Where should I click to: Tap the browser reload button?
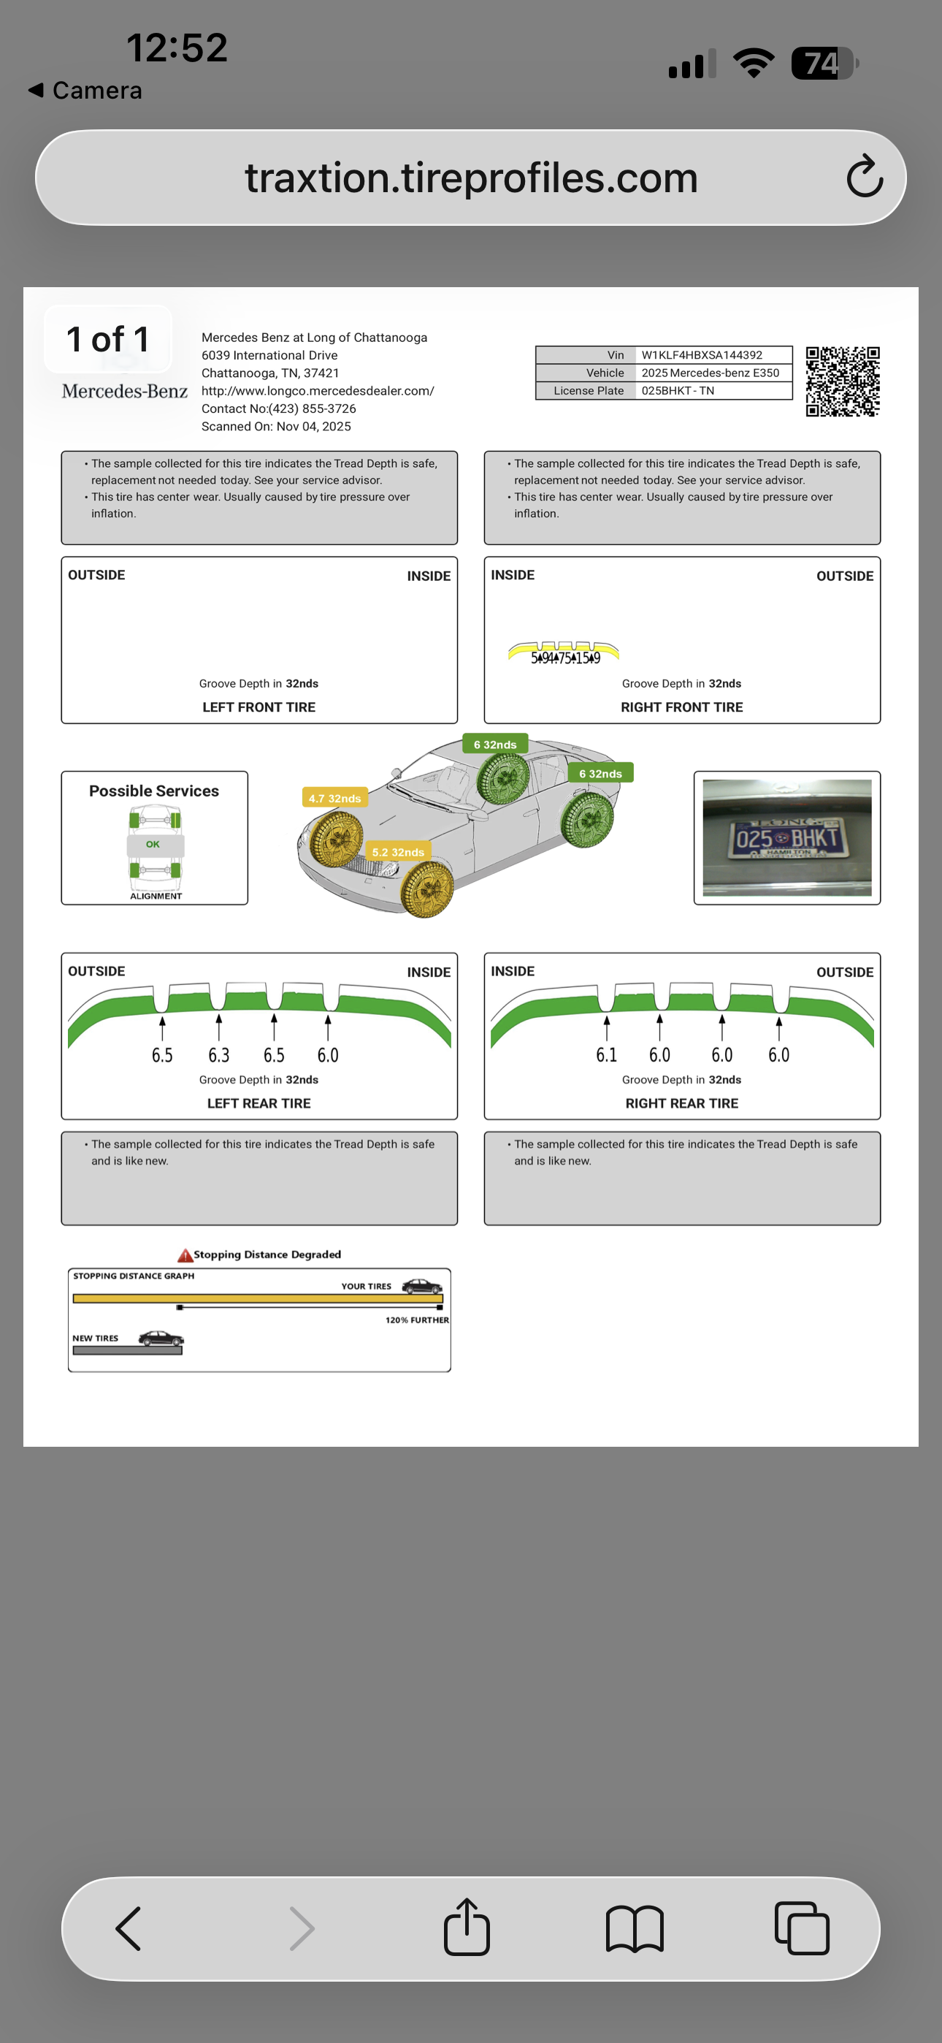[865, 177]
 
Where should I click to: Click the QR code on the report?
[842, 381]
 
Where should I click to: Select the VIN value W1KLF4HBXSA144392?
[701, 355]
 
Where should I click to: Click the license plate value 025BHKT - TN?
[677, 391]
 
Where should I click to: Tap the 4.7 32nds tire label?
[334, 799]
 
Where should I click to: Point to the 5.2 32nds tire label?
[398, 853]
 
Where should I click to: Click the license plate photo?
[786, 837]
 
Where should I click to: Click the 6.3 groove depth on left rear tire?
[219, 1055]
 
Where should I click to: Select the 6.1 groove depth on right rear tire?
[607, 1055]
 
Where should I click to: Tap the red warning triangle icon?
[185, 1255]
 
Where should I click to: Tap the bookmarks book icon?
[635, 1928]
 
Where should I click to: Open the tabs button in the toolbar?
[802, 1928]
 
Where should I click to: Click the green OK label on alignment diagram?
[153, 845]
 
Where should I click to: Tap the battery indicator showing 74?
[824, 64]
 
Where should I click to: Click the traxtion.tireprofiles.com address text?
[471, 178]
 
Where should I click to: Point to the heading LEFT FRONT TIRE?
[259, 707]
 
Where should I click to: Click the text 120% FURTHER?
[417, 1320]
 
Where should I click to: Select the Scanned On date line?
[276, 427]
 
